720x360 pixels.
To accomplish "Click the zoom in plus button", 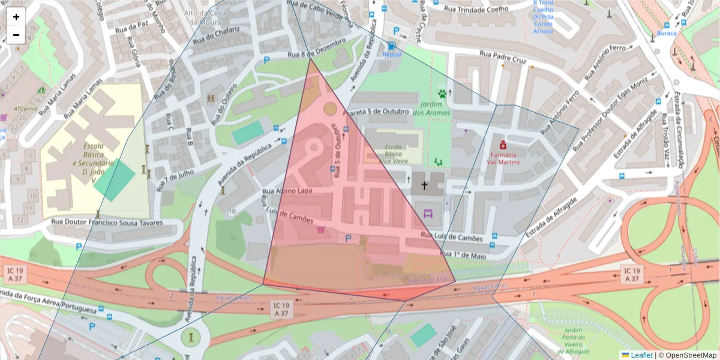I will click(16, 17).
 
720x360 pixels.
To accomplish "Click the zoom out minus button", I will click(16, 35).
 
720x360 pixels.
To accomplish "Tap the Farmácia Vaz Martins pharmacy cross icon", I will click(502, 145).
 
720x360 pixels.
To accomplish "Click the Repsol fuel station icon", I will click(392, 46).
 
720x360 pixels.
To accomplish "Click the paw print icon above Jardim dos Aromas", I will click(443, 94).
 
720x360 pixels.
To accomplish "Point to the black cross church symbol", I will click(425, 185).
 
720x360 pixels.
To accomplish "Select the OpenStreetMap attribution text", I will click(687, 355).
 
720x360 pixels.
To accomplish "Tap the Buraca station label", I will click(666, 33).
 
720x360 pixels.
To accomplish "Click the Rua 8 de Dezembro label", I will click(317, 49).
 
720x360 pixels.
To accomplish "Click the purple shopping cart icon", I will click(320, 229).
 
